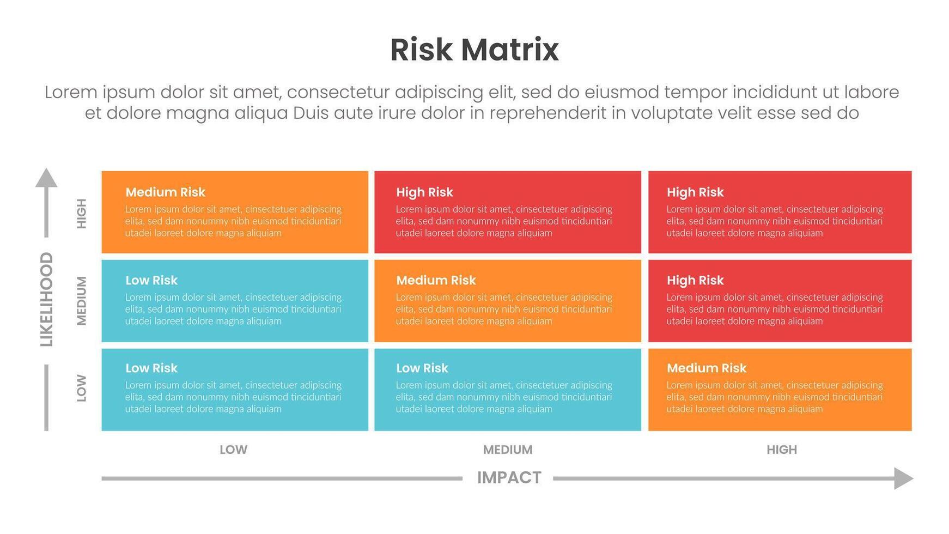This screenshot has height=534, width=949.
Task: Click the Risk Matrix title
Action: (x=474, y=50)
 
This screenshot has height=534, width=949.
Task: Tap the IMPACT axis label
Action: (x=509, y=478)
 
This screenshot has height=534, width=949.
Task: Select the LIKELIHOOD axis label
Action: (x=47, y=299)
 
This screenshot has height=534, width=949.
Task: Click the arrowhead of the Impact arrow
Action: (x=904, y=478)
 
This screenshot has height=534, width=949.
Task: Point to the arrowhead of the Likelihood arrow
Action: (x=46, y=178)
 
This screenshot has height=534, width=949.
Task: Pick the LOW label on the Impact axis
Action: (x=233, y=450)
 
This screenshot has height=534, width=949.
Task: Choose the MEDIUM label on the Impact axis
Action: (x=508, y=450)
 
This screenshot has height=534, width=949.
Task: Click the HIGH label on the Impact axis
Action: (x=782, y=450)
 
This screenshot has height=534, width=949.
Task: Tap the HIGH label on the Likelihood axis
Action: (x=82, y=214)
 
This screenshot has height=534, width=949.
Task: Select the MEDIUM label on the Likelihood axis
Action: (x=82, y=301)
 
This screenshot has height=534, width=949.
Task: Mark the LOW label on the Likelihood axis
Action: (x=82, y=388)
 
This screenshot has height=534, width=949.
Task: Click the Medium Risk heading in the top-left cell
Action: (x=165, y=192)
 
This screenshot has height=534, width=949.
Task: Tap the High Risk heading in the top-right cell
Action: (x=695, y=192)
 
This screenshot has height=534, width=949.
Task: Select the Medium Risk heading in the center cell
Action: (x=436, y=281)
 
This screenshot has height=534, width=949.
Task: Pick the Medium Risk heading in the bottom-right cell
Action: (x=707, y=368)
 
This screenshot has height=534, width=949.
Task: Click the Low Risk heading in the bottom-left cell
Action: (x=151, y=368)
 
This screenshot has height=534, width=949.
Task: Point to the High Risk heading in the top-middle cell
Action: (x=424, y=192)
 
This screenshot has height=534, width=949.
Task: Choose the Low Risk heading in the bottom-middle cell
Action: (x=422, y=368)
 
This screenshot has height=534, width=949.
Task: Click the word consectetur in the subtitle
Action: (x=338, y=93)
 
